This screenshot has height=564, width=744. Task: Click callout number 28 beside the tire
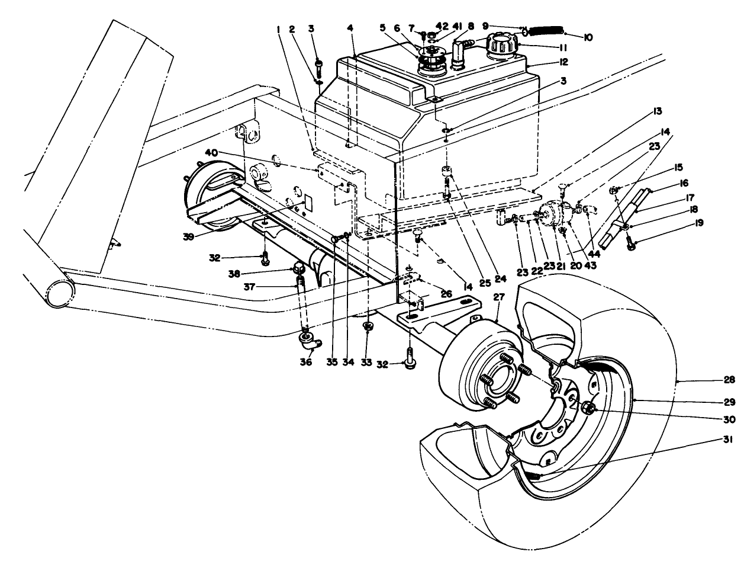[x=730, y=379]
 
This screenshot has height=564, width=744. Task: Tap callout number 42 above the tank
[x=442, y=26]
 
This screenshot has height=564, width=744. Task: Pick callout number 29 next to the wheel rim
[x=730, y=402]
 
